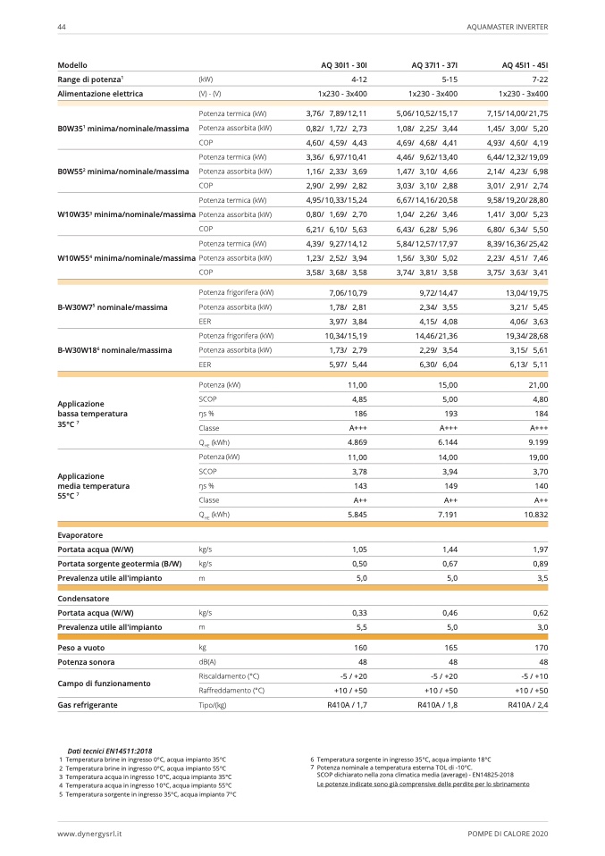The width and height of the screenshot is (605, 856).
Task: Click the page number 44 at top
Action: tap(62, 27)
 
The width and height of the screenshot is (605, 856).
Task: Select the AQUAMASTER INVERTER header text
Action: tap(507, 27)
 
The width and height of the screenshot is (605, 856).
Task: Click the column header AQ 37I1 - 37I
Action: tap(434, 65)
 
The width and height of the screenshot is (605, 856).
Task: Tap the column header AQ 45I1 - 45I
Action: tap(525, 65)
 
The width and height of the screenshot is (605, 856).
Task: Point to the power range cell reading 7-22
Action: tap(538, 80)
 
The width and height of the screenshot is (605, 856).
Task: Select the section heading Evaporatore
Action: tap(80, 534)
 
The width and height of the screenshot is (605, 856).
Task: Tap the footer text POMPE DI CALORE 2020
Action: tap(508, 834)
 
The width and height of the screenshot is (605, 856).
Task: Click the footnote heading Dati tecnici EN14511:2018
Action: tap(110, 751)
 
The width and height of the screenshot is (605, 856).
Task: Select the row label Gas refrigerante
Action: tap(88, 705)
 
